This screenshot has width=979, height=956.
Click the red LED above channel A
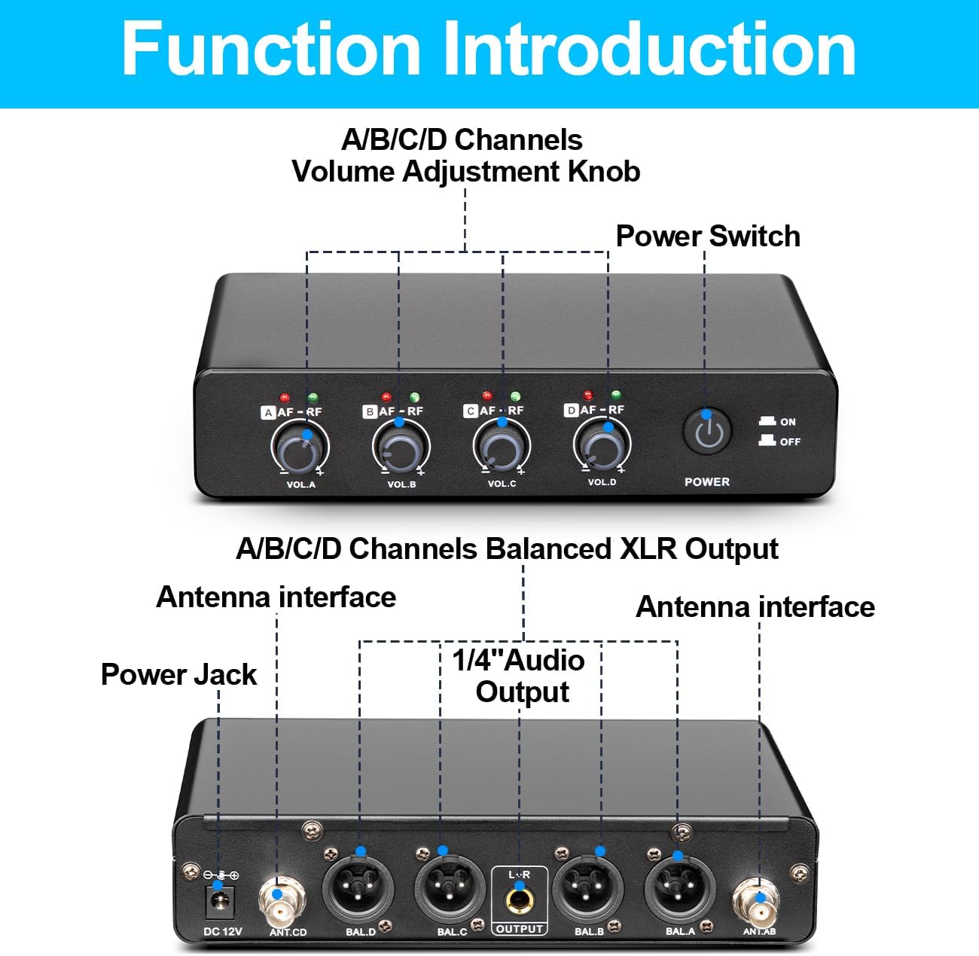(x=285, y=397)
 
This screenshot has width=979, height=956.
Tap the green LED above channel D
(x=616, y=395)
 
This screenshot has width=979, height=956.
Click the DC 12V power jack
(x=222, y=902)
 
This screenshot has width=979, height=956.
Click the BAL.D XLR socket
(x=360, y=888)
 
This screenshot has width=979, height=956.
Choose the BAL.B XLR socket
(x=589, y=888)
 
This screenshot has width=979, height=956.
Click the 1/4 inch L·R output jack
(x=519, y=899)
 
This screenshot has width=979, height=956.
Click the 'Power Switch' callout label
(x=707, y=236)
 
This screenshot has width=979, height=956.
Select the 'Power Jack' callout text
(x=178, y=674)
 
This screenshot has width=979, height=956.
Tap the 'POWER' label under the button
(x=706, y=481)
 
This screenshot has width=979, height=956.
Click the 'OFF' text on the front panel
(x=789, y=441)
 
